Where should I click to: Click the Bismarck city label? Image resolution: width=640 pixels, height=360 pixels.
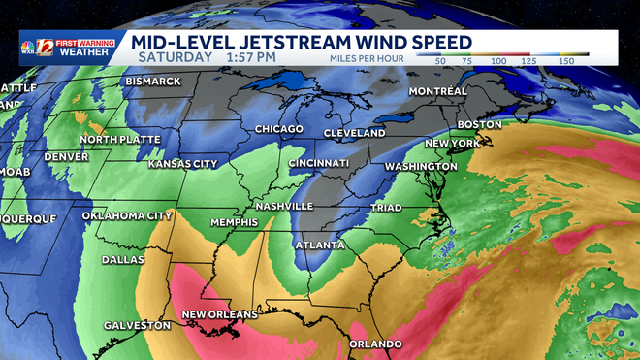coord(153,81)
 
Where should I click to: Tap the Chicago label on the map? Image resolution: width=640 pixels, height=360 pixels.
coord(279,129)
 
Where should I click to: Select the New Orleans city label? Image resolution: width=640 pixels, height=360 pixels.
coord(221,314)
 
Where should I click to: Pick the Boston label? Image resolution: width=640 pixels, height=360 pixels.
coord(479,124)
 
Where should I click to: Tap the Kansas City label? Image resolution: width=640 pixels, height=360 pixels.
coord(182,164)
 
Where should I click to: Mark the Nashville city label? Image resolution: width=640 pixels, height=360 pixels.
coord(283,207)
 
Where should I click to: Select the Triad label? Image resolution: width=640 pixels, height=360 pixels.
coord(386,208)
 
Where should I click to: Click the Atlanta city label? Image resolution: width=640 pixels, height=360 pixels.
coord(319,245)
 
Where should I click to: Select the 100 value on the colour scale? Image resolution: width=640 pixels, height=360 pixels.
coord(499,60)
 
